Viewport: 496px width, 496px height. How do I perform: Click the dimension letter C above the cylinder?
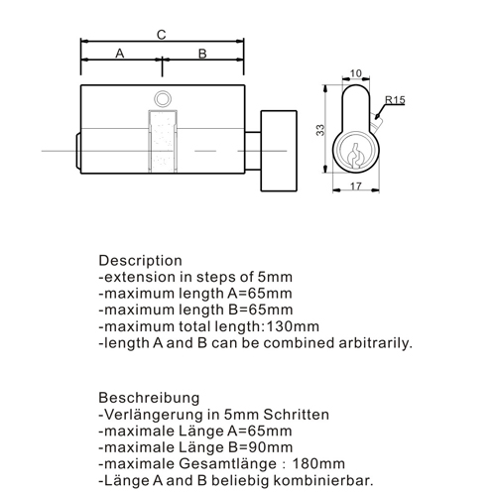(161, 35)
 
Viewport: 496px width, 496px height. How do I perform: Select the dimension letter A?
(120, 54)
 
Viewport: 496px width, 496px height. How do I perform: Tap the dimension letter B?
(202, 54)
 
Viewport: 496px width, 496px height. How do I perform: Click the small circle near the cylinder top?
(163, 98)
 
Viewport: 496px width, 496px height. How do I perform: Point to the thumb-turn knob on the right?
(279, 151)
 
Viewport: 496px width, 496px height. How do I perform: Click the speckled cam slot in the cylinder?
(163, 141)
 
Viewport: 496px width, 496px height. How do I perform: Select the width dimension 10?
(356, 73)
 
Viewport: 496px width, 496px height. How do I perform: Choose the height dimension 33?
(320, 130)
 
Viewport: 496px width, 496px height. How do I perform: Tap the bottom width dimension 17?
(356, 186)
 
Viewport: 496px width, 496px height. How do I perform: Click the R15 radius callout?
(395, 100)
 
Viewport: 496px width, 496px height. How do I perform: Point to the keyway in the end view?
(355, 156)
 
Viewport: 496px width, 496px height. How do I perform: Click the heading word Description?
(140, 261)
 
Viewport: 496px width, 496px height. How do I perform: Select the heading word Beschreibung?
(149, 398)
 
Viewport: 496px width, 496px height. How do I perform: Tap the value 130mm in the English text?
(293, 326)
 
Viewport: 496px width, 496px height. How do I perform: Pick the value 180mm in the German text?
(318, 464)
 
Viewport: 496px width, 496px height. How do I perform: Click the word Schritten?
(297, 415)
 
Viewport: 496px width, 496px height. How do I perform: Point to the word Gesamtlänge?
(227, 464)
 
